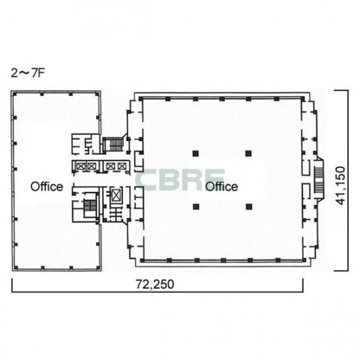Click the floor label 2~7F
[27, 73]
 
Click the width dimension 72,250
[155, 285]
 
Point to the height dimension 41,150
[340, 186]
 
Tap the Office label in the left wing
[46, 187]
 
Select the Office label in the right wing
[221, 187]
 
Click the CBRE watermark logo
[180, 179]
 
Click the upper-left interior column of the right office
[195, 154]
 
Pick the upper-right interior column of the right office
[248, 154]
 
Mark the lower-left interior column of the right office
[196, 206]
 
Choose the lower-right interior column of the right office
[249, 206]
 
